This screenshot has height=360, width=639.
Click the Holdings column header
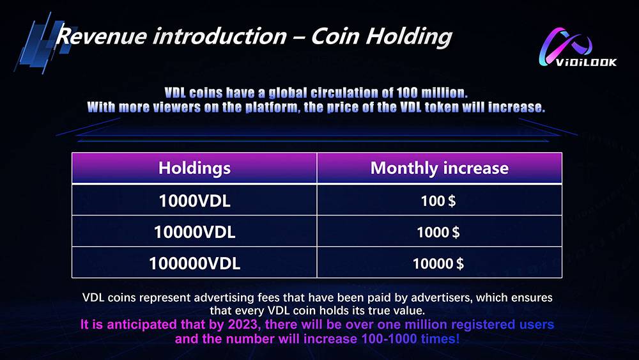click(x=194, y=168)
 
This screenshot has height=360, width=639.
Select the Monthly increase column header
click(x=440, y=168)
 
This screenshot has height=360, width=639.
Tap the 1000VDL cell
click(x=194, y=201)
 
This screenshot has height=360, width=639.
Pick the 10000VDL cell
click(x=194, y=232)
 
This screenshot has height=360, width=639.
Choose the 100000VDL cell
click(x=194, y=263)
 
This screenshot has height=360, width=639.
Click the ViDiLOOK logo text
click(x=586, y=62)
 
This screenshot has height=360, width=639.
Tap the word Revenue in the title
click(x=101, y=36)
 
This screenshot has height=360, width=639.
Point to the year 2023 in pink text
click(x=242, y=325)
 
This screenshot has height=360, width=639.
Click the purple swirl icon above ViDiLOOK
click(x=566, y=45)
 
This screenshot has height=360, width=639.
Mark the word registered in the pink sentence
click(x=483, y=325)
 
